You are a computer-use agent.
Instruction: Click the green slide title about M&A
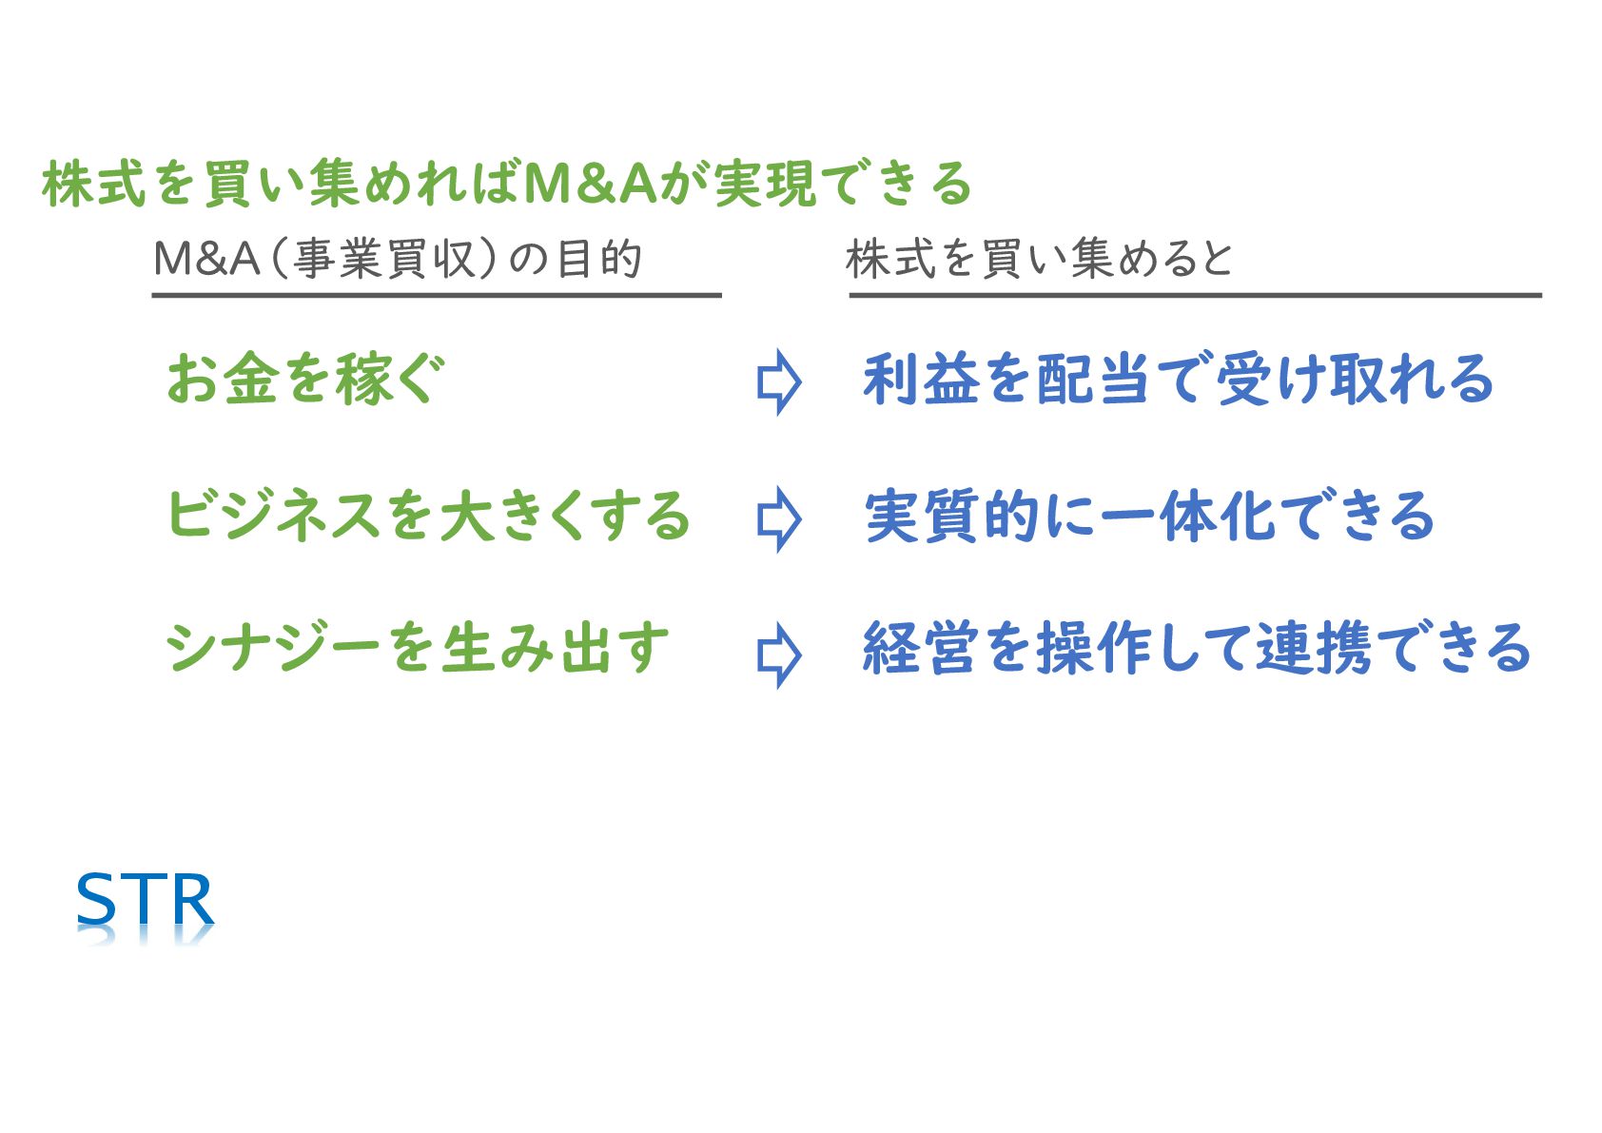pos(506,183)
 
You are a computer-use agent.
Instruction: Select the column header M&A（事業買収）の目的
pos(398,259)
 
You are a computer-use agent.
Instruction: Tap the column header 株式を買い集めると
pos(1039,259)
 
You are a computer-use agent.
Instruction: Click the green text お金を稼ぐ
pos(305,379)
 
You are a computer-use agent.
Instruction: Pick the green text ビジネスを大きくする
pos(428,516)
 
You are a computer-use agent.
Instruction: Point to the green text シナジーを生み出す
pos(418,649)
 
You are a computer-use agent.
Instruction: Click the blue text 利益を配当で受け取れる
pos(1178,379)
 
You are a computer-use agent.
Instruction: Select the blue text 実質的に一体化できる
pos(1149,516)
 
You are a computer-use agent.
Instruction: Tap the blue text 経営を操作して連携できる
pos(1196,649)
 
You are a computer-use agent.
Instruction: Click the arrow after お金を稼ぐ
pos(779,382)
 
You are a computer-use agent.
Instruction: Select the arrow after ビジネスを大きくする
pos(779,519)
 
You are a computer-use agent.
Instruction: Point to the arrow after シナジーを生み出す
pos(779,655)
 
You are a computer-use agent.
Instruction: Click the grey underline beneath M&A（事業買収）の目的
pos(437,295)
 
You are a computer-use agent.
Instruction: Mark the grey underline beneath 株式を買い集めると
pos(1195,295)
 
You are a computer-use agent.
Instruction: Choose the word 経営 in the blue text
pos(919,649)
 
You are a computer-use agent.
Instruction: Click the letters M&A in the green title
pos(590,183)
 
